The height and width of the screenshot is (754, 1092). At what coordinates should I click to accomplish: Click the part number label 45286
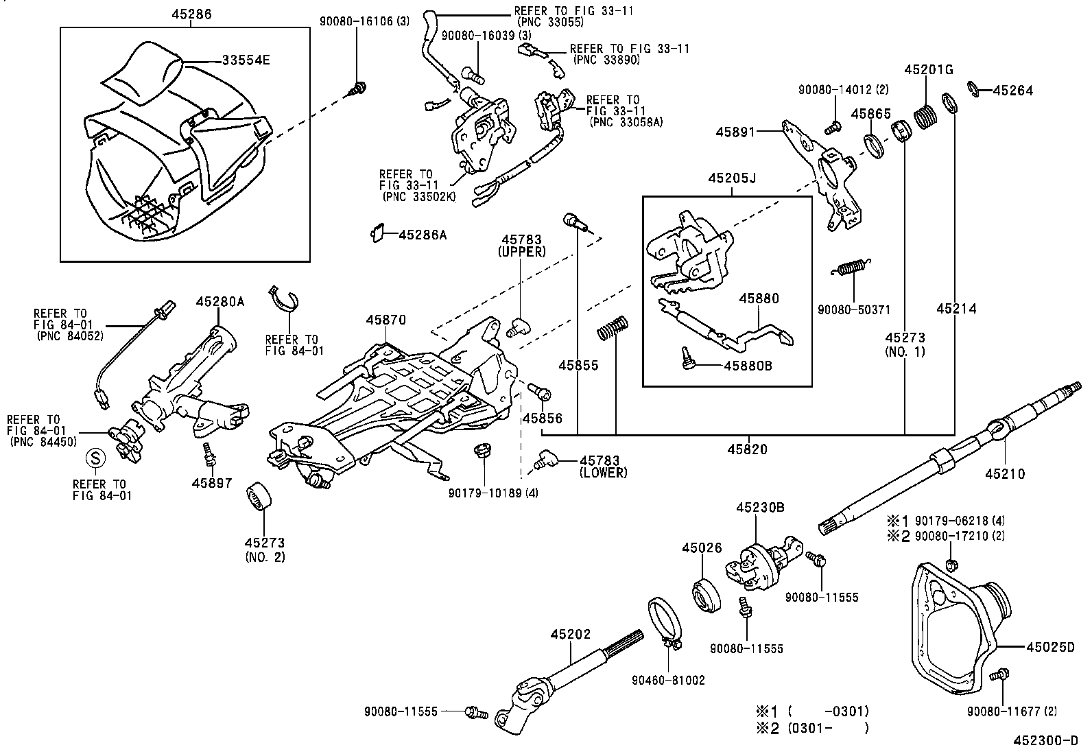coord(191,14)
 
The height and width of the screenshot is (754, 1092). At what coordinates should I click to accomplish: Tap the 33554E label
coord(246,60)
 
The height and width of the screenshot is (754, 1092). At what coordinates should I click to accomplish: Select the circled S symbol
coord(95,458)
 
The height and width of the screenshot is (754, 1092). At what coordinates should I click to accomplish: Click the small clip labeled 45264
coord(973,89)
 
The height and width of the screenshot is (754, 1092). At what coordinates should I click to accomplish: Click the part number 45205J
coord(732,178)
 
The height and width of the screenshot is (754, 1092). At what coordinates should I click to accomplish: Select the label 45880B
coord(748,366)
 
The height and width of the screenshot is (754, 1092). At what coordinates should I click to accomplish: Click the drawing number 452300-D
coord(1045,740)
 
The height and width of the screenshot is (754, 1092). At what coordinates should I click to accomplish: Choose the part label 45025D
coord(1051,647)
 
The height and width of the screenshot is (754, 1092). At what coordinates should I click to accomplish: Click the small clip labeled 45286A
coord(377,233)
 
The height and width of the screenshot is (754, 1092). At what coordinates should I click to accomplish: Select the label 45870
coord(386,320)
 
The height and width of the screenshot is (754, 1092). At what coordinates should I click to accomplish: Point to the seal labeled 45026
coord(706,596)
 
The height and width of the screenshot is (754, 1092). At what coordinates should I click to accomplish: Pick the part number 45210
coord(1005,473)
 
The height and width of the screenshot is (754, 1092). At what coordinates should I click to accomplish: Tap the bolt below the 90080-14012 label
coord(833,128)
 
